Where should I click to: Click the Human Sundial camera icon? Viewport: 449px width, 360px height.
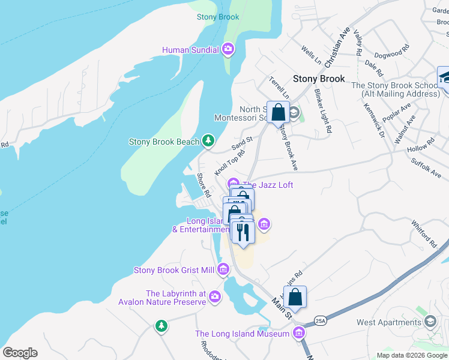click(228, 49)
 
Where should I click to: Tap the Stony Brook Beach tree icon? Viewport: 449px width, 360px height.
click(208, 141)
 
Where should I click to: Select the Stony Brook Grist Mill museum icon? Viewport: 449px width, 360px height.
click(223, 270)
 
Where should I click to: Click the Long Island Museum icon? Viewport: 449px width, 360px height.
click(299, 333)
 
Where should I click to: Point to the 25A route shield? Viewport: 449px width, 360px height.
click(320, 320)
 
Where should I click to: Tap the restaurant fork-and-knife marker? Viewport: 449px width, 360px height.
click(243, 231)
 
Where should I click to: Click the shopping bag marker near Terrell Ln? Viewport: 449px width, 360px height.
click(278, 112)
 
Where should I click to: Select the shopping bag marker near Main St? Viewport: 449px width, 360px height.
click(295, 296)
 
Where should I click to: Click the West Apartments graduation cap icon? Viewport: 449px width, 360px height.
click(430, 322)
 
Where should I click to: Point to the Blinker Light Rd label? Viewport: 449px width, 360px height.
click(322, 110)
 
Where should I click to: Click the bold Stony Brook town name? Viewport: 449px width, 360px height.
click(319, 79)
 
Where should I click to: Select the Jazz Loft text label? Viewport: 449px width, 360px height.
click(268, 185)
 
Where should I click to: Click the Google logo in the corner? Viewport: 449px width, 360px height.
click(20, 353)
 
